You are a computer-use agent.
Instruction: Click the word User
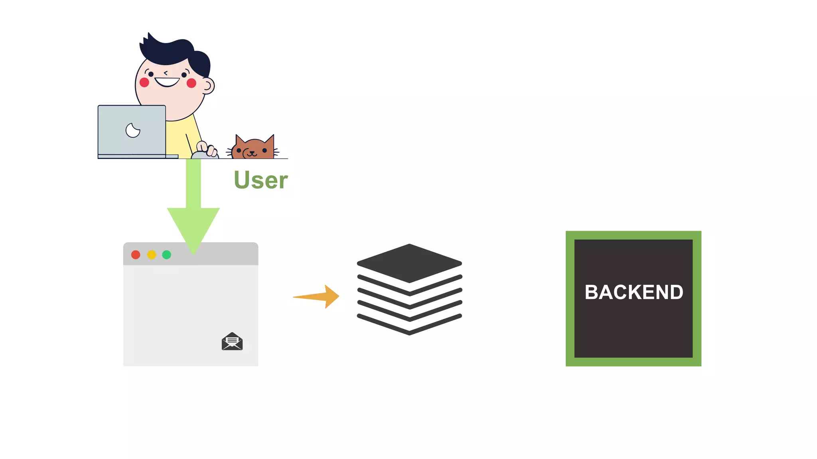pos(260,180)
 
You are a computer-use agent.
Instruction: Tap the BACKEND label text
pos(633,292)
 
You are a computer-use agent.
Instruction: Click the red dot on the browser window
pos(136,255)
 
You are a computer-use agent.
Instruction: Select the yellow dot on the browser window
pos(152,255)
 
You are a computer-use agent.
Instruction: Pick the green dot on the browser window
pos(167,255)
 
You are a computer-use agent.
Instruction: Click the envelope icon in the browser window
pos(232,341)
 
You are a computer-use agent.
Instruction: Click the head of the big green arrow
pos(193,227)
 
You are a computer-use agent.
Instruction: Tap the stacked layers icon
pos(409,289)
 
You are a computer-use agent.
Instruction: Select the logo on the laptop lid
pos(133,130)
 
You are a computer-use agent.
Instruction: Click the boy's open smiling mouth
pos(167,82)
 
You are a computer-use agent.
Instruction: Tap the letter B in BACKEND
pos(592,292)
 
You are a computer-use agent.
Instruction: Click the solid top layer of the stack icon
pos(409,263)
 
